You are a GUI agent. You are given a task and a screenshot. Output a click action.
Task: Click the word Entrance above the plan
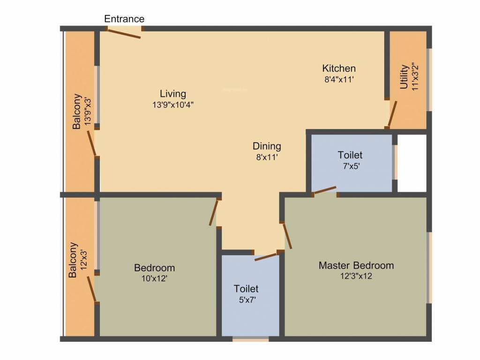(x=124, y=19)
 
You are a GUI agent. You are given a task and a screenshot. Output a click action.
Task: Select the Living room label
(x=172, y=93)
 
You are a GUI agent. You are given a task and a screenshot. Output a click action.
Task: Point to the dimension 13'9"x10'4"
(x=172, y=105)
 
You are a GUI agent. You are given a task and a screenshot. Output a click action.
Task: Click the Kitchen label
(x=338, y=68)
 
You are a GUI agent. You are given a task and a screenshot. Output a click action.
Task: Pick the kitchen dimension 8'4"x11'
(x=338, y=79)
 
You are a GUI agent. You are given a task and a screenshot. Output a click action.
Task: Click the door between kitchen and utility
(x=392, y=113)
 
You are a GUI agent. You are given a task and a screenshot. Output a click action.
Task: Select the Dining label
(x=267, y=146)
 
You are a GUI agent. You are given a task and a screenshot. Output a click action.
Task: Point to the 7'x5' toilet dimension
(x=350, y=166)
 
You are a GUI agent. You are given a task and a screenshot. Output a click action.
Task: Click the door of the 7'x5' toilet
(x=324, y=190)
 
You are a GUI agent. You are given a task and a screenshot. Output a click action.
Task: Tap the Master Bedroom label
(x=356, y=265)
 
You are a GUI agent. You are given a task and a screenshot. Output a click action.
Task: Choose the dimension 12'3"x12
(x=356, y=276)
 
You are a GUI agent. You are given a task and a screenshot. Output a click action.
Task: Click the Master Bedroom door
(x=287, y=236)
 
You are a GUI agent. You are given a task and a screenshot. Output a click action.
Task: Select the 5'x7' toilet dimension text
(x=246, y=300)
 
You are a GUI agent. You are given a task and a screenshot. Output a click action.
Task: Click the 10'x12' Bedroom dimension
(x=154, y=278)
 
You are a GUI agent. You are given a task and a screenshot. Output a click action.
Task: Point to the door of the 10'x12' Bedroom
(x=214, y=212)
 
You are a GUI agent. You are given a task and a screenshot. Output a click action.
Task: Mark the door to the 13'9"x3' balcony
(x=93, y=143)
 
